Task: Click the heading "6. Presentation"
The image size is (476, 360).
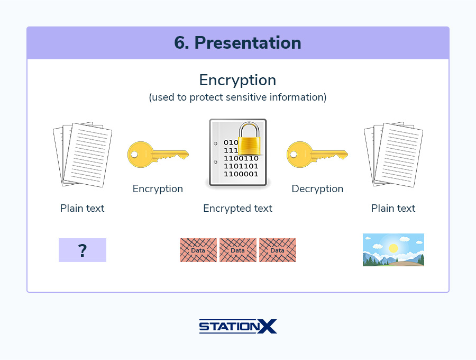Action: click(x=237, y=43)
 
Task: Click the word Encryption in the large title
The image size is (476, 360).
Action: click(x=237, y=80)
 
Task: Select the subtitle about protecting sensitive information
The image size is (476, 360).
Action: click(x=237, y=97)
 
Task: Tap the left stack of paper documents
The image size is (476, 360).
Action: click(x=83, y=155)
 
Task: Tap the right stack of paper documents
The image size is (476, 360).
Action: click(x=393, y=155)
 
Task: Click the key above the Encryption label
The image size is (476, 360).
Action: click(x=157, y=155)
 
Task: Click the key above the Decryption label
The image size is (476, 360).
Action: click(x=317, y=155)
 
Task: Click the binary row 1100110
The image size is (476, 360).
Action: click(x=241, y=158)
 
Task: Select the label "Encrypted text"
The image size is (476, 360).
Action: click(x=237, y=209)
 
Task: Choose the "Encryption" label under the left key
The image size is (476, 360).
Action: click(x=158, y=189)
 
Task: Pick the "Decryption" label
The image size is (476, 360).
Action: click(x=317, y=189)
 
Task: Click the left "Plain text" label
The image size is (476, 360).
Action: click(x=82, y=209)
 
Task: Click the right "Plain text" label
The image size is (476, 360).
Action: click(x=393, y=209)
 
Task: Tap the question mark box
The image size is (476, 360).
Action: click(x=83, y=250)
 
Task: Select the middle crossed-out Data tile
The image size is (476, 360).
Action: click(x=238, y=250)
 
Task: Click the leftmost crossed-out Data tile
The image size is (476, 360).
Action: click(x=198, y=250)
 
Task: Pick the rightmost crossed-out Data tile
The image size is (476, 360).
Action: click(x=278, y=250)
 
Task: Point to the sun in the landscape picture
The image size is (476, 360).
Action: click(x=393, y=248)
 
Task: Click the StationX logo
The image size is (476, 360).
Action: click(x=237, y=326)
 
